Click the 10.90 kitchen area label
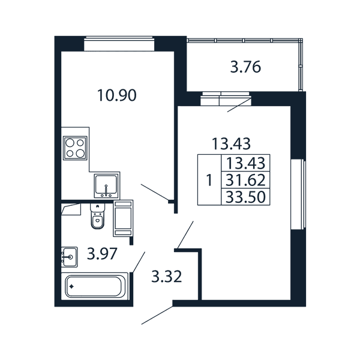[x=117, y=95]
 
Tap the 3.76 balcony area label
[x=245, y=67]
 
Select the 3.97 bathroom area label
[x=102, y=253]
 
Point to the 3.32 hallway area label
[x=167, y=276]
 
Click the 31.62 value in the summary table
[x=245, y=180]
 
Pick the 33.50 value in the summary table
[x=245, y=197]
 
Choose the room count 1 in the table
[x=209, y=180]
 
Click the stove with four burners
[x=75, y=148]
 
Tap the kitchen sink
[x=106, y=185]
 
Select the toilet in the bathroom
[x=98, y=216]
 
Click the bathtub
[x=94, y=286]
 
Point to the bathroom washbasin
[x=69, y=257]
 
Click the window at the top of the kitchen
[x=119, y=43]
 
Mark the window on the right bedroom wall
[x=298, y=194]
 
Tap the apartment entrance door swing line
[x=157, y=315]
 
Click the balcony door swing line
[x=239, y=105]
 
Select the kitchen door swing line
[x=155, y=192]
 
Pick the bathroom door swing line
[x=139, y=262]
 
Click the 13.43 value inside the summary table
[x=245, y=163]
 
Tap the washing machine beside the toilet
[x=123, y=218]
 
